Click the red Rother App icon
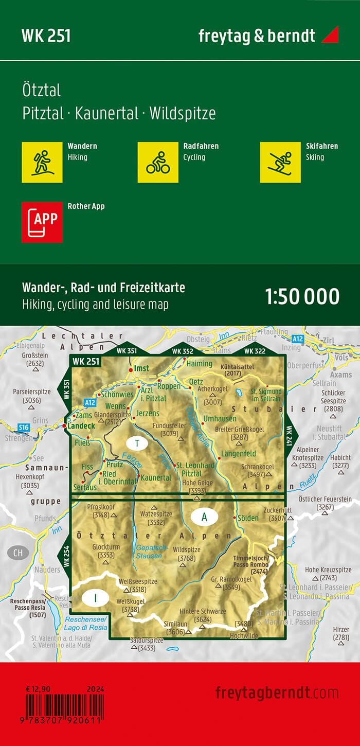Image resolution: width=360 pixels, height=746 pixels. pos(42,222)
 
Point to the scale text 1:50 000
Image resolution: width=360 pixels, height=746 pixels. pos(302,297)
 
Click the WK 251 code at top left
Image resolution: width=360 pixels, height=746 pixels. pos(46,35)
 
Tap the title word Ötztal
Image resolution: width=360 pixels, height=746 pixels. pos(42,91)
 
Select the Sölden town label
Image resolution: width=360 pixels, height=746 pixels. pos(248,518)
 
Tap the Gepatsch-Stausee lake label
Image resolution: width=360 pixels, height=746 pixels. pos(149,552)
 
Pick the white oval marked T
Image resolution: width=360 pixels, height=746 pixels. pos(137,443)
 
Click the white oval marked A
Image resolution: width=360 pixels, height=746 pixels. pos(204,518)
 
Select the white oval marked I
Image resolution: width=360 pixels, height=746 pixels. pos(95,598)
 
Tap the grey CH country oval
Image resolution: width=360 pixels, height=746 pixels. pos(19,553)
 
